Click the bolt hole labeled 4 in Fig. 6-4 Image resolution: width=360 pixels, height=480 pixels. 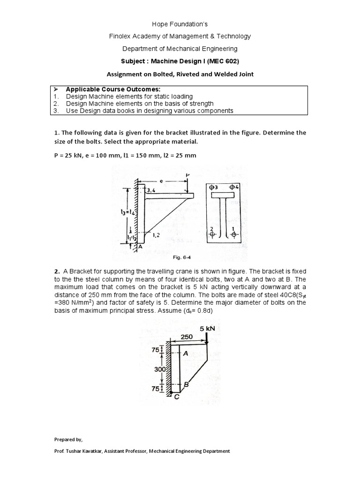232,187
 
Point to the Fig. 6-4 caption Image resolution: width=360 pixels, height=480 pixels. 180,257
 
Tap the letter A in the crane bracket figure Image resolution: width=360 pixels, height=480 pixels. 186,354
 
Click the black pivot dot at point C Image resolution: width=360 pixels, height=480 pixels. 172,392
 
